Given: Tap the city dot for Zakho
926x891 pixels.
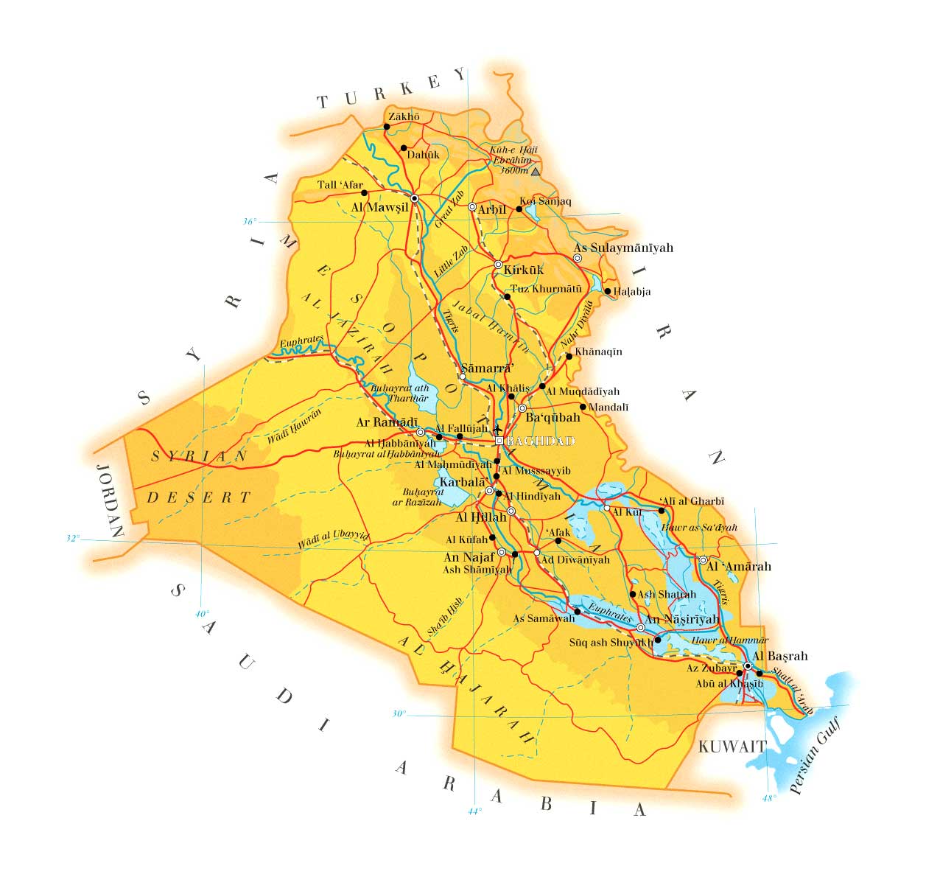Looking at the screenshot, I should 387,127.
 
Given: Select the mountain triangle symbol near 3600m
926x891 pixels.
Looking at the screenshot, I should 536,171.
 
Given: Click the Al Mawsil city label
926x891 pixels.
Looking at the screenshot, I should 379,208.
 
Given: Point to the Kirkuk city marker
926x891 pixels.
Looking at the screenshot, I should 498,265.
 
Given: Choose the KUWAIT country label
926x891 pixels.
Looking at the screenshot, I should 732,747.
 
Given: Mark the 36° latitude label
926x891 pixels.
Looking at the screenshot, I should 250,222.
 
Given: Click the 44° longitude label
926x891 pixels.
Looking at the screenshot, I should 474,811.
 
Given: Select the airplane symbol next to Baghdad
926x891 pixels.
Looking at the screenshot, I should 498,428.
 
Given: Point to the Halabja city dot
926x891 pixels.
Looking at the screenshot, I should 608,291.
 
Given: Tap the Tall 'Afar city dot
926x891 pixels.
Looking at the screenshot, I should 364,193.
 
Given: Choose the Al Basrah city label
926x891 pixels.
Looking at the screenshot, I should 780,656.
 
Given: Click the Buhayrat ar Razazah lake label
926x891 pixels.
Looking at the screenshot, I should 417,497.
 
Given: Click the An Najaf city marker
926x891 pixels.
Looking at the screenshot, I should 502,552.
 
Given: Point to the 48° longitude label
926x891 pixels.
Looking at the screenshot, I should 769,798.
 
